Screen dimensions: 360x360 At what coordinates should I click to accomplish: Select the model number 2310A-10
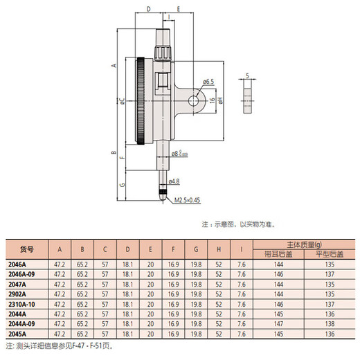(x=21, y=304)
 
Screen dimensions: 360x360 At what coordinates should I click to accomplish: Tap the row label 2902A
(x=17, y=294)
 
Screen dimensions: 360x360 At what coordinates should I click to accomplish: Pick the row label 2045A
(x=17, y=333)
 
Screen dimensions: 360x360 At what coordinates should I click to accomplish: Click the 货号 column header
(x=26, y=249)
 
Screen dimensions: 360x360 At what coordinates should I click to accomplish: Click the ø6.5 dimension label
(x=208, y=81)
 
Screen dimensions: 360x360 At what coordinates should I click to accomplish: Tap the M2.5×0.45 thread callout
(x=186, y=199)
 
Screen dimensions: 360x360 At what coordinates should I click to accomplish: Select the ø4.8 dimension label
(x=174, y=181)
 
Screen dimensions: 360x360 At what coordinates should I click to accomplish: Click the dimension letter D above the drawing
(x=148, y=10)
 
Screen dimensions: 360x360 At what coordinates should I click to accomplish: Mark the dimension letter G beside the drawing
(x=123, y=186)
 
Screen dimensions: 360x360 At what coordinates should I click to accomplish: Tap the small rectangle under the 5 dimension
(x=246, y=98)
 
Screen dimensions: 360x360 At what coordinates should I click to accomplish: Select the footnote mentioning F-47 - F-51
(x=58, y=345)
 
